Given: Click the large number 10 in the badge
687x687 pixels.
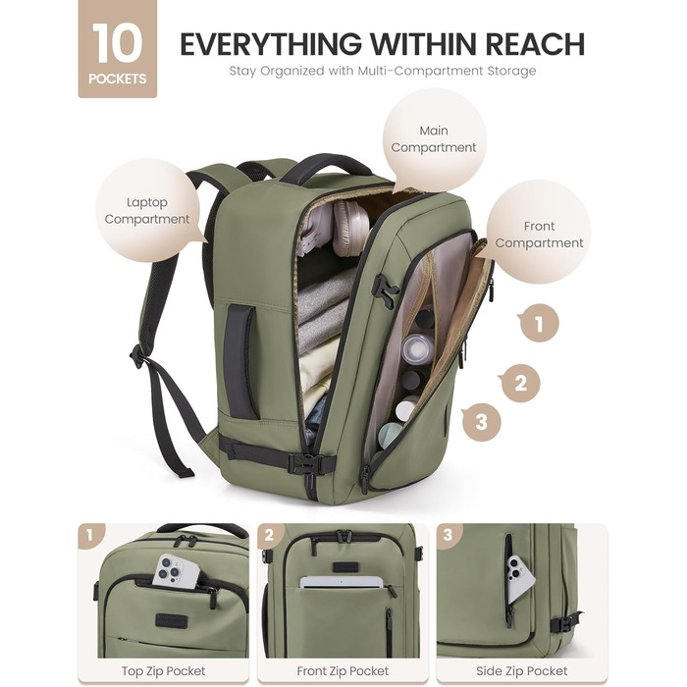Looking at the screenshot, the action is tap(117, 44).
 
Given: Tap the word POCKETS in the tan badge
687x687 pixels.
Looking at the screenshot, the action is tap(118, 79).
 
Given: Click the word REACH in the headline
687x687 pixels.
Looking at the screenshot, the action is tap(534, 44).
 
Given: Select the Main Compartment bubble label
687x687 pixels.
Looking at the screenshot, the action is tap(434, 139).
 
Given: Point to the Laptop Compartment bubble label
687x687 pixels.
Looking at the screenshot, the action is tap(147, 211).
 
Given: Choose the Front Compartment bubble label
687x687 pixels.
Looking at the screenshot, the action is tap(539, 235).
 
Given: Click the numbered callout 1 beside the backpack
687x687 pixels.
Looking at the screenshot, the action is tap(539, 324).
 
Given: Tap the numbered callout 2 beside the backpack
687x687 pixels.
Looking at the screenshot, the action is tap(520, 384).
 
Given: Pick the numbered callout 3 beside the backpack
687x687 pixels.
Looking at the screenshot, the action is tap(481, 422).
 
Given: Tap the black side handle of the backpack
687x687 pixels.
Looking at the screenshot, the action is tap(240, 361).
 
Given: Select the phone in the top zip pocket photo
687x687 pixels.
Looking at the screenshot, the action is tap(176, 571).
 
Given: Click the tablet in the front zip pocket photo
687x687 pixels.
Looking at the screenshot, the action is tap(342, 582).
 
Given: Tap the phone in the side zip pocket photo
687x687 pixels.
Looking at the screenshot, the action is tap(520, 578).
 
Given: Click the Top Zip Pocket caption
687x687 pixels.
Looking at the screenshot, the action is tap(164, 670).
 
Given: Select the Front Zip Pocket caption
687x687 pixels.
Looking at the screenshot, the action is tap(343, 670).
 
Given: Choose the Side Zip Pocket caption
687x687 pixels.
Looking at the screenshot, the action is tap(521, 670).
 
